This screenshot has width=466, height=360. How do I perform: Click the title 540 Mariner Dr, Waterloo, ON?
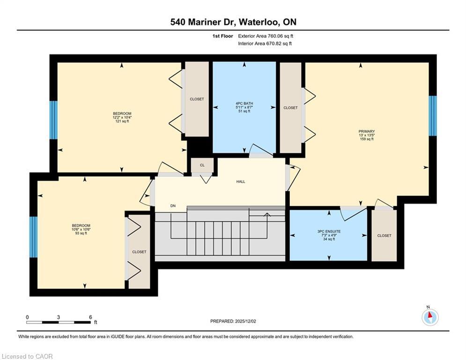(x=233, y=22)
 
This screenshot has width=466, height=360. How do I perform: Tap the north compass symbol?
(x=430, y=317)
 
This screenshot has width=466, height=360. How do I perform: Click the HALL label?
(x=241, y=181)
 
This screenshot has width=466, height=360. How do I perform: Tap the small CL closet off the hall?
(x=202, y=165)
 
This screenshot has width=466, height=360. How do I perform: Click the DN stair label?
(x=172, y=206)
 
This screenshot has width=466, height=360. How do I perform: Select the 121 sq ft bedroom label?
(x=122, y=117)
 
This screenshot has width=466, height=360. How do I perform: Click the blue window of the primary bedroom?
(x=433, y=116)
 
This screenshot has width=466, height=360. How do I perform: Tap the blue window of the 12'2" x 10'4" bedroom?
(x=53, y=120)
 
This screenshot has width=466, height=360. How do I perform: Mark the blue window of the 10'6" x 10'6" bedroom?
(x=33, y=237)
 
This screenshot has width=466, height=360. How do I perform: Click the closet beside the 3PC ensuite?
(x=384, y=235)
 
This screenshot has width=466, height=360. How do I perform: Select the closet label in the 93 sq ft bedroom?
(x=139, y=252)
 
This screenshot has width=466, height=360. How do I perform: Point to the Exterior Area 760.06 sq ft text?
(x=266, y=36)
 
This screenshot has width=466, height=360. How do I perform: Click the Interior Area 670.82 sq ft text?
(x=265, y=44)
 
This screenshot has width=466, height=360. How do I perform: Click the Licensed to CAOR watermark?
(x=28, y=356)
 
